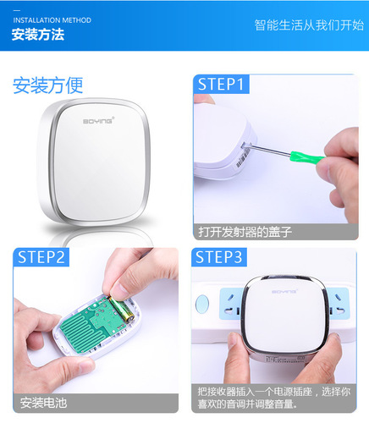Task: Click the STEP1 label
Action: (x=221, y=84)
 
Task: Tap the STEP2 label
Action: (x=41, y=257)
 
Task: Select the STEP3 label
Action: (x=221, y=257)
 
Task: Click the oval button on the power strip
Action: (x=203, y=300)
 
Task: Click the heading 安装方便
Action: (x=48, y=85)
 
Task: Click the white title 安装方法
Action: (x=38, y=36)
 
